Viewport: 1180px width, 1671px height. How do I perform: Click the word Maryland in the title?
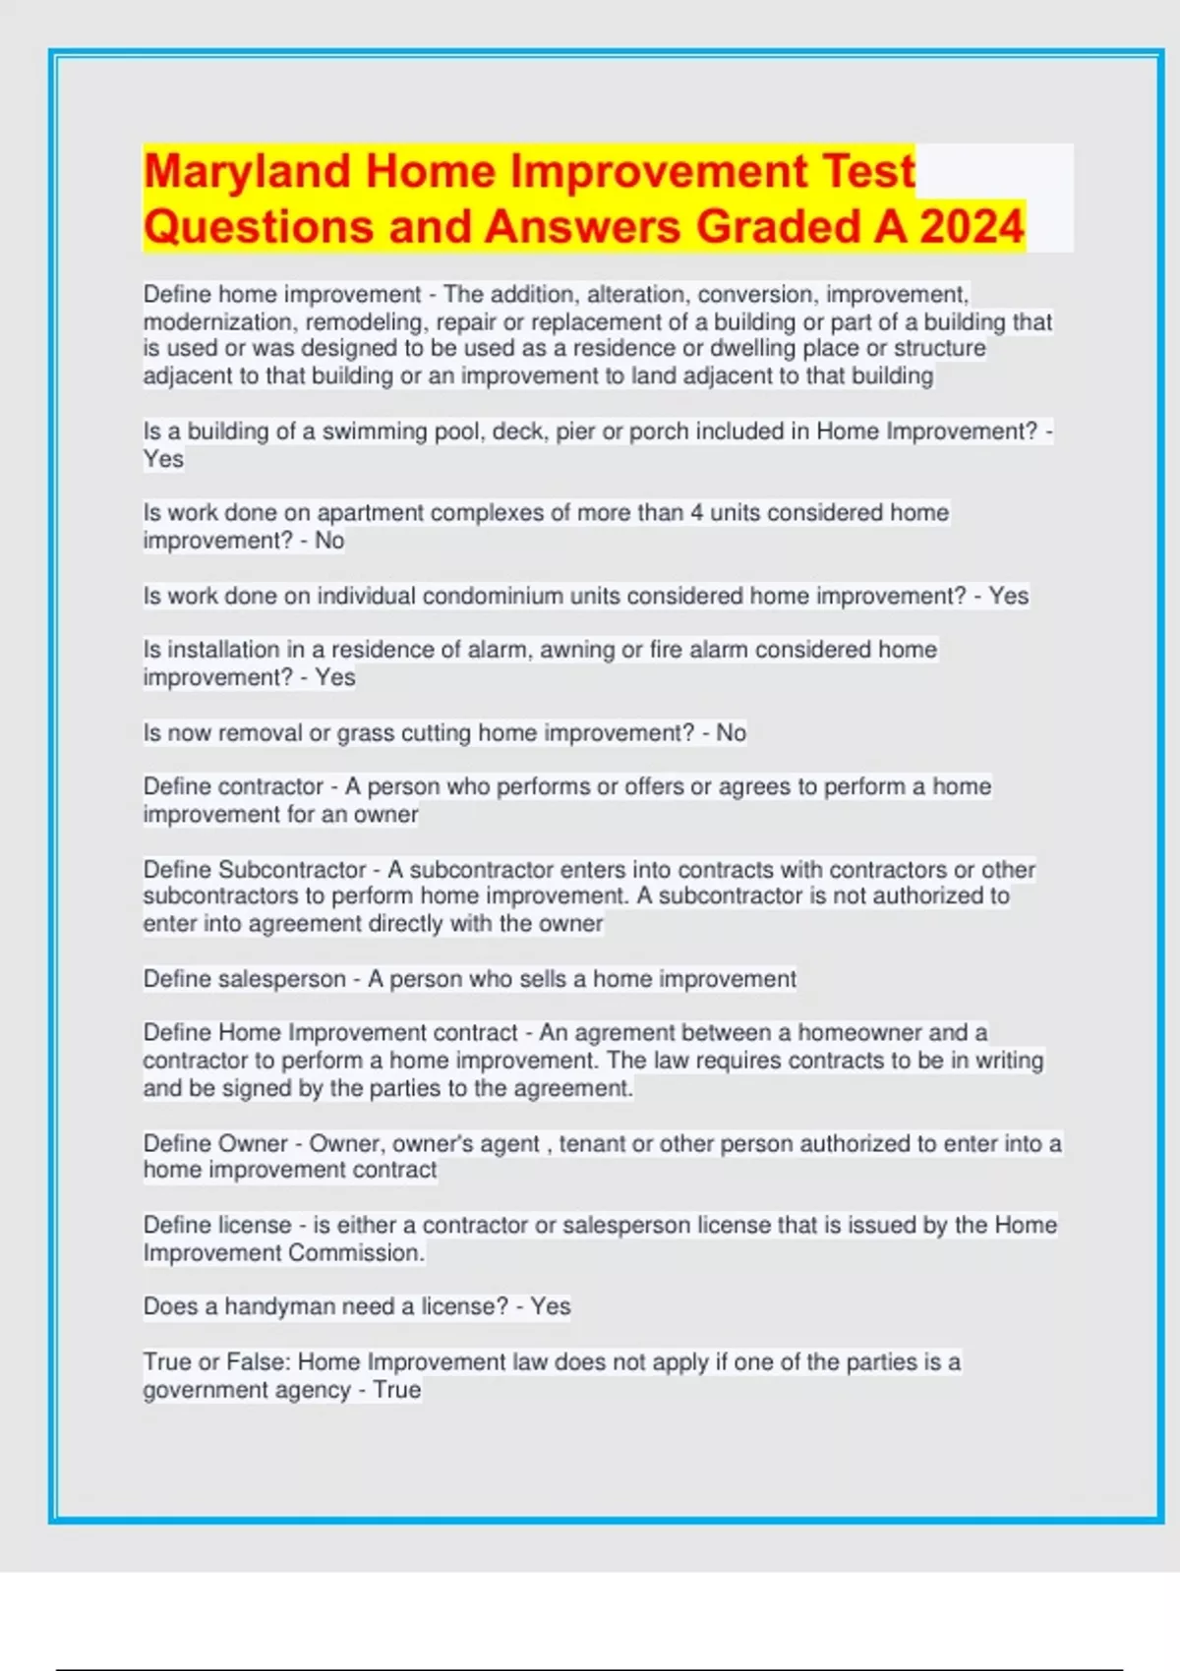247,171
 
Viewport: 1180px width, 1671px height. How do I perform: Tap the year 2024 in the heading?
973,226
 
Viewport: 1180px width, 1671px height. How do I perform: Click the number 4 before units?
696,512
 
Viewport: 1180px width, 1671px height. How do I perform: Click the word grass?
365,732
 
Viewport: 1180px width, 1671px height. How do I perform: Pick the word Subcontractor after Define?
292,870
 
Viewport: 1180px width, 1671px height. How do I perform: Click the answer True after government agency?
397,1390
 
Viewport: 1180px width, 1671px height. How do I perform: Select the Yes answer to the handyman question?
551,1306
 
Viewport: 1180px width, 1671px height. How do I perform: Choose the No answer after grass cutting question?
731,732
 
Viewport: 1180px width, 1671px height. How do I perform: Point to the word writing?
1009,1061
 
